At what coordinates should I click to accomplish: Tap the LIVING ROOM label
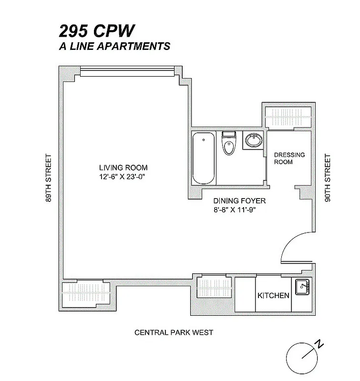(x=123, y=168)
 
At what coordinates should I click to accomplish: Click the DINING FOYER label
(x=233, y=201)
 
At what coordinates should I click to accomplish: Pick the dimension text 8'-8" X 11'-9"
(x=233, y=210)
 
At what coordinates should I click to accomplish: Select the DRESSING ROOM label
(x=289, y=159)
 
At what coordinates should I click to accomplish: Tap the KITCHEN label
(x=273, y=295)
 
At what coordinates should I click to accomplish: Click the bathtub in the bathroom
(x=204, y=158)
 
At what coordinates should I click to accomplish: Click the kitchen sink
(x=302, y=287)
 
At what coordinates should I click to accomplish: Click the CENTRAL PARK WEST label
(x=174, y=332)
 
